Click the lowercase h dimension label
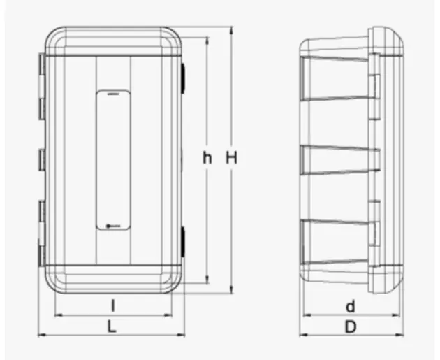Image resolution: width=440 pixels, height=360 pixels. (207, 158)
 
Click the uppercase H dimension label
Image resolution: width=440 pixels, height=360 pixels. (231, 157)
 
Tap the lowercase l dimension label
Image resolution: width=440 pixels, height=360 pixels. (113, 305)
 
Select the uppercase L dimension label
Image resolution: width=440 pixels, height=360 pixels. (112, 327)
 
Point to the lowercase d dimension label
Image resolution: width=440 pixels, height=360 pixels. (351, 306)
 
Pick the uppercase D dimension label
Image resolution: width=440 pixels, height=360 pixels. (351, 327)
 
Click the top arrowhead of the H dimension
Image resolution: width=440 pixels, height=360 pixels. (231, 30)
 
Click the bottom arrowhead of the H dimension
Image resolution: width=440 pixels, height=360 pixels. (231, 290)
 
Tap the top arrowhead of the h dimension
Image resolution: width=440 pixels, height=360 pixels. (207, 41)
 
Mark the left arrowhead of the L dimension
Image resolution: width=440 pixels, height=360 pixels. (42, 334)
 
